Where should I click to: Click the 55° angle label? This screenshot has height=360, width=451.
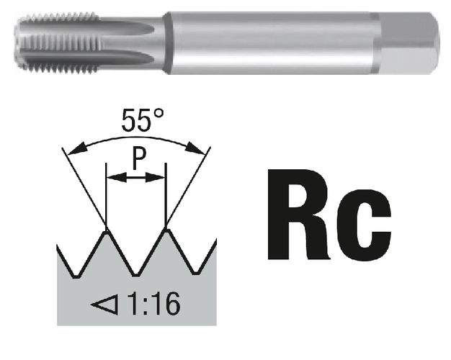click(136, 120)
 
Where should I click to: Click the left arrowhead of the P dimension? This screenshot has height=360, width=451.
click(111, 176)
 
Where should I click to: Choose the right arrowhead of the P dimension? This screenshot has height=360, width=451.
click(161, 176)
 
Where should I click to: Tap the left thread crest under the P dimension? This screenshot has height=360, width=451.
click(106, 232)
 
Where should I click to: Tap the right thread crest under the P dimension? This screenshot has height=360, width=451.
click(166, 232)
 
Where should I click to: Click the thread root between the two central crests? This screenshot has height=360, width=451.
click(136, 275)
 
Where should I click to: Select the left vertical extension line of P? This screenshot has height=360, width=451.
click(106, 194)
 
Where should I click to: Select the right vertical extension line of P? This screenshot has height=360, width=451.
click(166, 194)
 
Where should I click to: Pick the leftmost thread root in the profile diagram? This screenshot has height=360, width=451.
click(74, 275)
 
